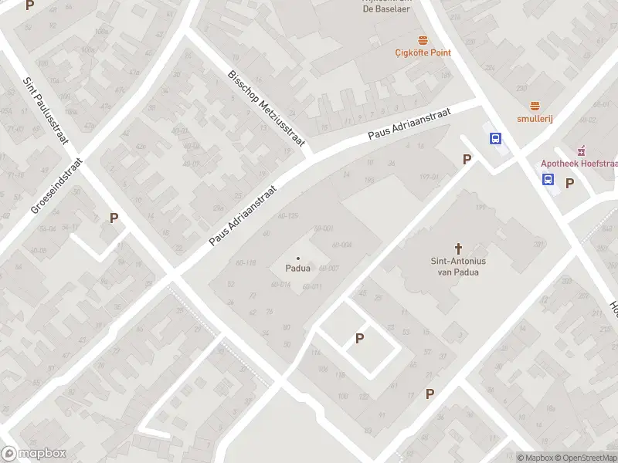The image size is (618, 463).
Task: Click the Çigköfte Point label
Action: (423, 52)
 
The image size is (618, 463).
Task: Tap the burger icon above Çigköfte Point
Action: (423, 39)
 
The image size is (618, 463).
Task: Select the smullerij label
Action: (534, 119)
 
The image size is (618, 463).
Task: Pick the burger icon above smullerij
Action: (534, 106)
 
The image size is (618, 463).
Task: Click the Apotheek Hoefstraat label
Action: (577, 163)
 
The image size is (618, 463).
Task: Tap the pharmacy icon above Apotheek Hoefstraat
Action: (582, 150)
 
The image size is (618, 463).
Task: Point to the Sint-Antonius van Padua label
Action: (458, 266)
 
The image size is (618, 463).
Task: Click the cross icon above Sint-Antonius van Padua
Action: (458, 248)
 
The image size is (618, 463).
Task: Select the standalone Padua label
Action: (298, 269)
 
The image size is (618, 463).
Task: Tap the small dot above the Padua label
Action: (298, 258)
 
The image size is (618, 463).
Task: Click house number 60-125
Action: (287, 215)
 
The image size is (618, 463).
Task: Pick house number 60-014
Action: (280, 285)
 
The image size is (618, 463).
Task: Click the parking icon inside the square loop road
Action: (359, 338)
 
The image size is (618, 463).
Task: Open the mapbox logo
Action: (33, 454)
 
